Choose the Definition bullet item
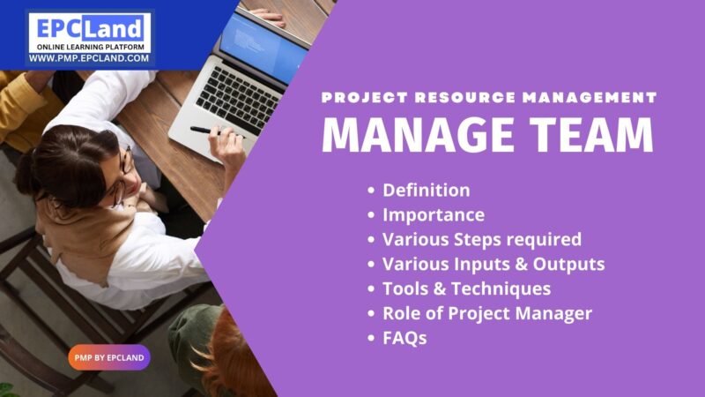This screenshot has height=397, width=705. pyautogui.click(x=426, y=190)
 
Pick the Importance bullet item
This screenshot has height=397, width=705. pyautogui.click(x=433, y=214)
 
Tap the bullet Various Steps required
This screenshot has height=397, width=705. pyautogui.click(x=481, y=239)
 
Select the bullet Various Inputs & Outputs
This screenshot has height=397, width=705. pyautogui.click(x=493, y=264)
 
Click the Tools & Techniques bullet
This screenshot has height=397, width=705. pyautogui.click(x=466, y=288)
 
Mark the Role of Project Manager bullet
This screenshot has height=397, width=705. pyautogui.click(x=486, y=313)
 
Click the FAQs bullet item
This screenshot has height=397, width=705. pyautogui.click(x=404, y=338)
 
